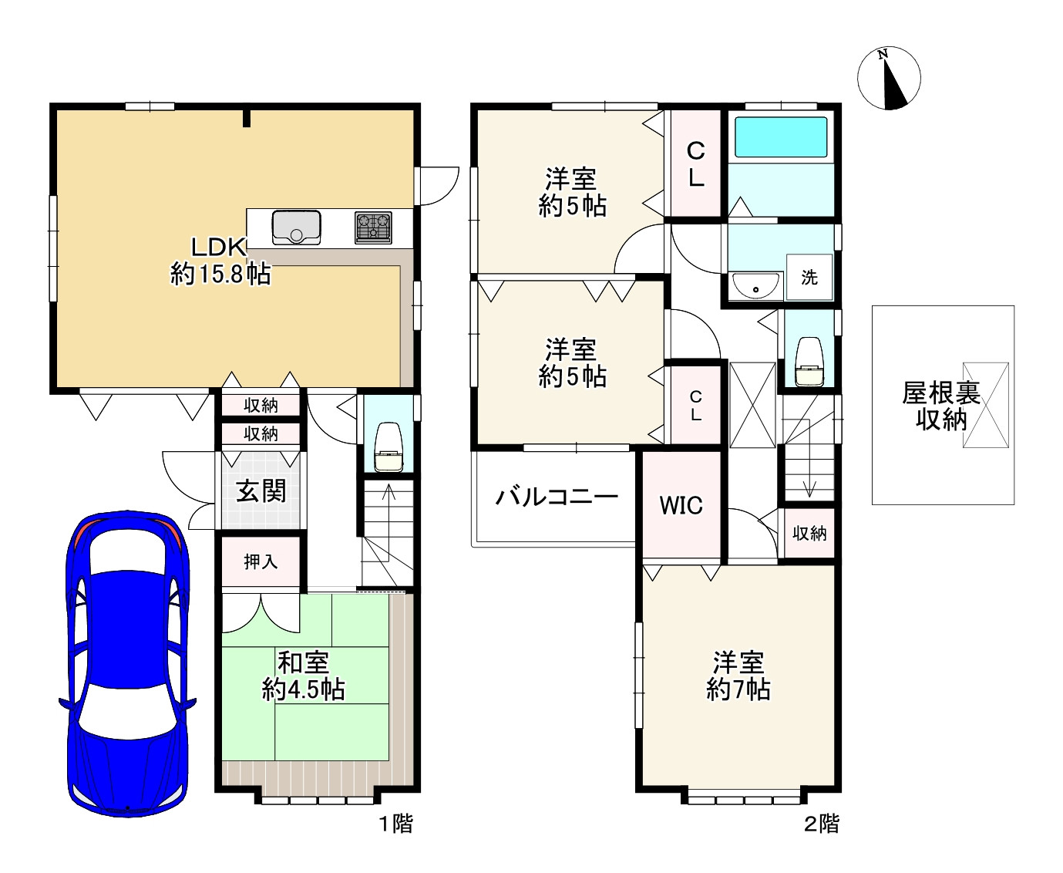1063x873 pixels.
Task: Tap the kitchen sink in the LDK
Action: [296, 228]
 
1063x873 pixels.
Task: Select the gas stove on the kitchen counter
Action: [373, 228]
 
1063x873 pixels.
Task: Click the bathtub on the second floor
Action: [781, 137]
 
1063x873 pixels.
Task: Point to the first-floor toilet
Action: [388, 447]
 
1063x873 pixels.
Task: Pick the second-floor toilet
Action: [809, 362]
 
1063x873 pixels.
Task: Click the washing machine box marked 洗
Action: [809, 278]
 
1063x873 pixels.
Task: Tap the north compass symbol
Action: [889, 78]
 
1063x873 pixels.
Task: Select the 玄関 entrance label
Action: [261, 490]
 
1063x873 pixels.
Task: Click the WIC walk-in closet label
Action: [681, 505]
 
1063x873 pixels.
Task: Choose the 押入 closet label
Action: [261, 561]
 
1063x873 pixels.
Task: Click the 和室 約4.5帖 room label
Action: [304, 676]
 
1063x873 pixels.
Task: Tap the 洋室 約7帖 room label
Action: [738, 676]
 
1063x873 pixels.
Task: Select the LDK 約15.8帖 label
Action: [220, 261]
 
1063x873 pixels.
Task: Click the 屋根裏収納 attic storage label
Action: [940, 406]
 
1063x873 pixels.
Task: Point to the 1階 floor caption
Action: [395, 824]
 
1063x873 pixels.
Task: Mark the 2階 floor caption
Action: [822, 824]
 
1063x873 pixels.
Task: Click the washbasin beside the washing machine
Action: [756, 286]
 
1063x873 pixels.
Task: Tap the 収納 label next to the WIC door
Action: [809, 533]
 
